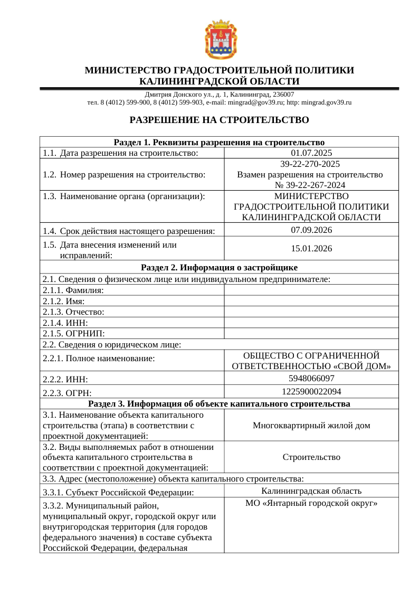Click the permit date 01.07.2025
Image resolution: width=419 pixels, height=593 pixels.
(311, 153)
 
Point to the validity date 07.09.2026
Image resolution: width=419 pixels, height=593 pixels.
(311, 230)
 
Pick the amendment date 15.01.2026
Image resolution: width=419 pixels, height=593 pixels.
(311, 249)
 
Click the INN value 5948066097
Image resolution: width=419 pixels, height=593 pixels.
(311, 378)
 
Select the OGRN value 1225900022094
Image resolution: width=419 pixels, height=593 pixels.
(311, 391)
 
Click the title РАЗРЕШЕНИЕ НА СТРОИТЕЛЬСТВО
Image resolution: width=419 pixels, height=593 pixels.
(219, 120)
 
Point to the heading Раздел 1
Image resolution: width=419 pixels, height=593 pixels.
(219, 142)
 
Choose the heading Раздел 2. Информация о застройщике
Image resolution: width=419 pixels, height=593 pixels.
(219, 267)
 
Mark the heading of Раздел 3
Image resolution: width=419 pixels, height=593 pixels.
(219, 404)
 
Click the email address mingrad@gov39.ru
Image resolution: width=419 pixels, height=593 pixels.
(251, 102)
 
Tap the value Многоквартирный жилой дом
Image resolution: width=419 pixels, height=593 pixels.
(311, 426)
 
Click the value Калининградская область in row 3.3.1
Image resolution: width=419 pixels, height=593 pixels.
(311, 491)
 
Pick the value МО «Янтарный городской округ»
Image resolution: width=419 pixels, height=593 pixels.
(311, 503)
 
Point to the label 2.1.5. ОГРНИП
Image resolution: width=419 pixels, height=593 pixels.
(73, 334)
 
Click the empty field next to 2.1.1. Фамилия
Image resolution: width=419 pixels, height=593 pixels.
(311, 290)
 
